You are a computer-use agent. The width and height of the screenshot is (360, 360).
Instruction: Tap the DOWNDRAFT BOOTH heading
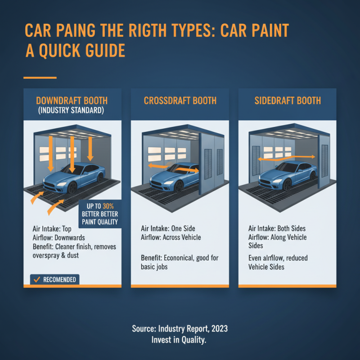(72, 100)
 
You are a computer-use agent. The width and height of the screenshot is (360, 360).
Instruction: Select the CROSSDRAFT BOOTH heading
(180, 100)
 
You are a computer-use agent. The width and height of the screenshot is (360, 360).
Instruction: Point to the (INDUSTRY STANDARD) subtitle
(72, 111)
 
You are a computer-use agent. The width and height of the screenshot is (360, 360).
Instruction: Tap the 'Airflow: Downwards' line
(58, 238)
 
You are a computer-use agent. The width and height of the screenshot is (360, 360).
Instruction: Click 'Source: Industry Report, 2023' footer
(180, 329)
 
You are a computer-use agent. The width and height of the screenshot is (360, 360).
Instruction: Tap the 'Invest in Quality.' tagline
(180, 340)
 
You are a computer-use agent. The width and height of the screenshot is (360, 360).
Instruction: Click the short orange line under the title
(40, 78)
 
